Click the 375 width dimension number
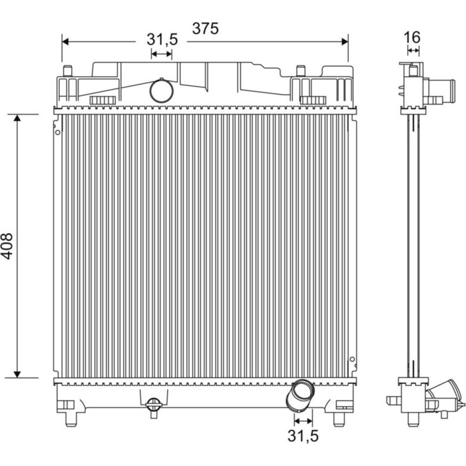pyautogui.click(x=206, y=28)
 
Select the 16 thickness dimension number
pyautogui.click(x=412, y=37)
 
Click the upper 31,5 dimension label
pyautogui.click(x=162, y=40)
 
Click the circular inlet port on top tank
pyautogui.click(x=161, y=91)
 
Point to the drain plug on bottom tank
pyautogui.click(x=154, y=407)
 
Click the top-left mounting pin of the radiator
pyautogui.click(x=68, y=71)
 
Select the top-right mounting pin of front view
pyautogui.click(x=301, y=71)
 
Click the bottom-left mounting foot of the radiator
pyautogui.click(x=71, y=419)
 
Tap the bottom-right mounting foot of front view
pyautogui.click(x=339, y=419)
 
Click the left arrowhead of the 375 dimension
pyautogui.click(x=65, y=41)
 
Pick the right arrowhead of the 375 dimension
pyautogui.click(x=345, y=41)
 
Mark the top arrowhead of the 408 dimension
pyautogui.click(x=17, y=118)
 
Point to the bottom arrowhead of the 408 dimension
pyautogui.click(x=17, y=374)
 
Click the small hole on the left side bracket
pyautogui.click(x=58, y=132)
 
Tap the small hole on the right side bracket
pyautogui.click(x=352, y=359)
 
